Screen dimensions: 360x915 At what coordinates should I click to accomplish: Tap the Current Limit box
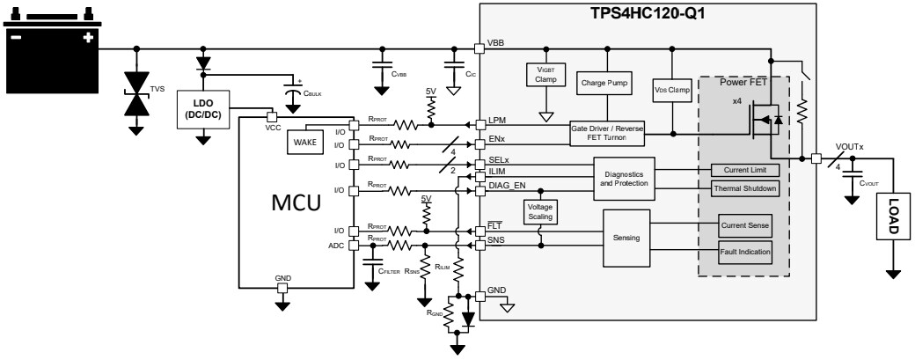[744, 169]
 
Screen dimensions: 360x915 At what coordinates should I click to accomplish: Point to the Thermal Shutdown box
[744, 187]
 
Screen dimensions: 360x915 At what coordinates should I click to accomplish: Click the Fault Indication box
[744, 252]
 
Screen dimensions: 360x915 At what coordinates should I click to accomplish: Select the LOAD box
[892, 215]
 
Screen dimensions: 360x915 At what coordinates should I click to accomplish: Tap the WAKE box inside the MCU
[305, 142]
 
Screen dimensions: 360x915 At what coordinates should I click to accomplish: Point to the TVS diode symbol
[136, 92]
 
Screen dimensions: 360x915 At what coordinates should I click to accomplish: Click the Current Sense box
[744, 226]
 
